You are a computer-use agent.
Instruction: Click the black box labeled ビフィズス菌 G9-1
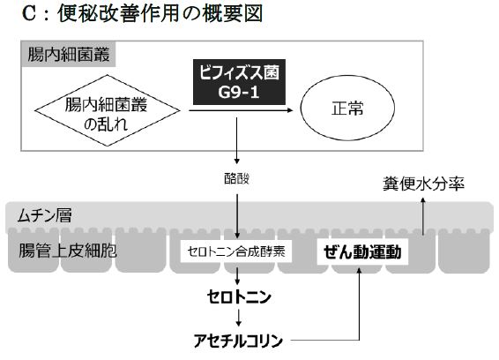239,82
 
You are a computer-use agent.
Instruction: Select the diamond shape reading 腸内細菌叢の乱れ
108,110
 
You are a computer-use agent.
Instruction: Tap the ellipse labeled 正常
347,108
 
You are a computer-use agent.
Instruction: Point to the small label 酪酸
236,178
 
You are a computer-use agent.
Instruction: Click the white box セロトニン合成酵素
236,251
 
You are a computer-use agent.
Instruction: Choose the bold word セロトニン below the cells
239,296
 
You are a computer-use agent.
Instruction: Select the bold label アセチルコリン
238,341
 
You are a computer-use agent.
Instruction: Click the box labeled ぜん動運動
362,251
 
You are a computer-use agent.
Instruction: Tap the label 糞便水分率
423,184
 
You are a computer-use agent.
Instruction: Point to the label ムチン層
45,215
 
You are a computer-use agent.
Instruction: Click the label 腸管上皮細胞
68,251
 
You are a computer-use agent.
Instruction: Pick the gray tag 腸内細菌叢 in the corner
69,54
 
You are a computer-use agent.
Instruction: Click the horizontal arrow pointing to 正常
241,110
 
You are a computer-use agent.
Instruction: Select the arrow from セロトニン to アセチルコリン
239,318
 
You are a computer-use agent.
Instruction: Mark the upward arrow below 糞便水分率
423,216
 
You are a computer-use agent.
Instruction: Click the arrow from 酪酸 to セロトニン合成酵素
237,216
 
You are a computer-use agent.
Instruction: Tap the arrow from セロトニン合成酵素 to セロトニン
237,276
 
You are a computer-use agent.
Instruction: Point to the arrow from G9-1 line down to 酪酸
236,140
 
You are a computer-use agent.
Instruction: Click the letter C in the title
28,14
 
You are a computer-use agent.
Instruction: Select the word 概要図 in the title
233,14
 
